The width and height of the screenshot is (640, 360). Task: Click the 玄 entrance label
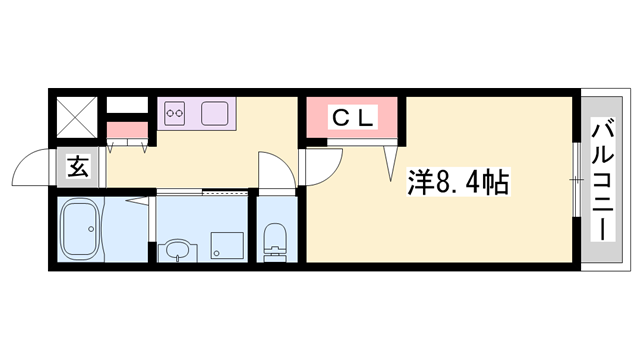(x=78, y=168)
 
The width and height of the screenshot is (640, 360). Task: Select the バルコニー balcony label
(x=603, y=180)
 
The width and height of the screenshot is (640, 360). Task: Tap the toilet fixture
(x=272, y=240)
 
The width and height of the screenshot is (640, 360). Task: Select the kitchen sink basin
(x=217, y=113)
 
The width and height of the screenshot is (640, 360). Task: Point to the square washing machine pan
(x=226, y=244)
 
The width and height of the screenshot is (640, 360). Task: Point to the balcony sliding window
(x=576, y=180)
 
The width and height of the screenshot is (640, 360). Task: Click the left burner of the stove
(x=171, y=113)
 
